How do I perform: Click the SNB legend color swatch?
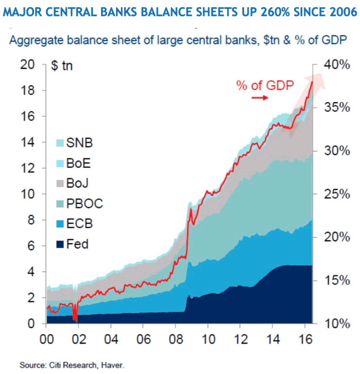click(x=59, y=142)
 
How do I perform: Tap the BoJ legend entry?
click(x=77, y=183)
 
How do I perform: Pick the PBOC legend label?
click(x=84, y=203)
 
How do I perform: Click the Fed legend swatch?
click(x=59, y=243)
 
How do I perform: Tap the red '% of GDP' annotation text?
click(x=265, y=85)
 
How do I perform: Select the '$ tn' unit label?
click(x=62, y=66)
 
